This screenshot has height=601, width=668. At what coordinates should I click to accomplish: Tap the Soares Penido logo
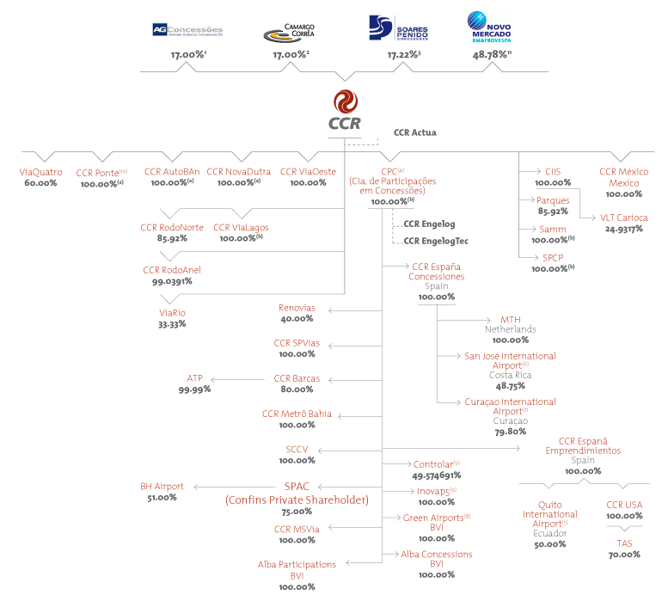coord(398,28)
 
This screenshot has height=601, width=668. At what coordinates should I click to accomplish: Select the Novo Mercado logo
coord(489,28)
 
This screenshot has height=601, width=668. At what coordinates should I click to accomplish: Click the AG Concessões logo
coord(187,29)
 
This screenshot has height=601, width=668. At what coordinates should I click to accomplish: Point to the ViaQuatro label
coord(40,172)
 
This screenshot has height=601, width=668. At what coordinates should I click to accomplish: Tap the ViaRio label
coord(172,313)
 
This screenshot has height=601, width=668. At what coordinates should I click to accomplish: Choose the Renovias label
coord(297,308)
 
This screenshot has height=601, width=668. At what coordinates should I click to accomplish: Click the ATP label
coord(194,378)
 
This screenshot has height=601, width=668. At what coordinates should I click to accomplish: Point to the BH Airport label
coord(162,487)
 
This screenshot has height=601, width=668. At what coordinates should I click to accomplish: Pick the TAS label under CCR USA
coord(624,544)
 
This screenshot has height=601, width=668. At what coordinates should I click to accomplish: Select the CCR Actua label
coord(415,132)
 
